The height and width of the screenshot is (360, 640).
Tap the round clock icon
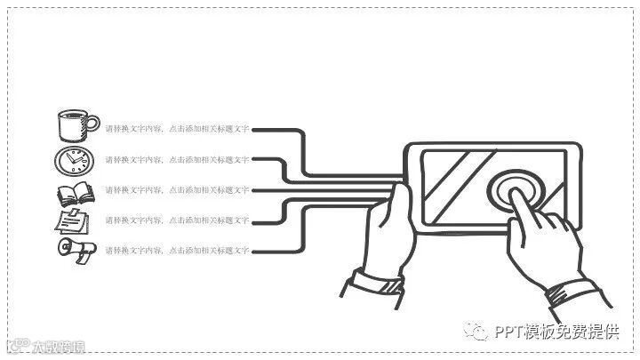point(74,160)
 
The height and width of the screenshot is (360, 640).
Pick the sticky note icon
point(72,220)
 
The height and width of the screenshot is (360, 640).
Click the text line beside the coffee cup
point(176,130)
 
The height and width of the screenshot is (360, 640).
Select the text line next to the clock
point(176,160)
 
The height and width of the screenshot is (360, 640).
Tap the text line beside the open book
point(176,190)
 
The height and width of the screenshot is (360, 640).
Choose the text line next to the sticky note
point(176,220)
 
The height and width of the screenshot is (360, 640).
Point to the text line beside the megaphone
point(176,251)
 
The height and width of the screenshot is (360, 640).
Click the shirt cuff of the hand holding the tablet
point(373,287)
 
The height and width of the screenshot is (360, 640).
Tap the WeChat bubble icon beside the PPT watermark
point(479,332)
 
